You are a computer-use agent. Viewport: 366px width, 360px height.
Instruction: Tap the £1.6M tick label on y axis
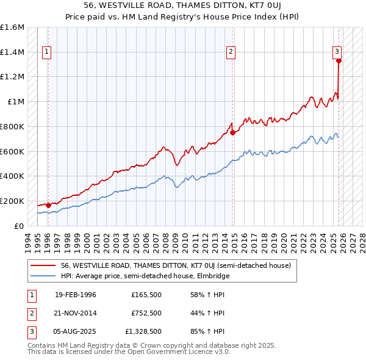pyautogui.click(x=12, y=27)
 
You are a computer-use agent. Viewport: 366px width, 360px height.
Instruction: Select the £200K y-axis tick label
pyautogui.click(x=12, y=201)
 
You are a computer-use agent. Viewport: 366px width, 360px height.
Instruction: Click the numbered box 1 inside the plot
pyautogui.click(x=46, y=52)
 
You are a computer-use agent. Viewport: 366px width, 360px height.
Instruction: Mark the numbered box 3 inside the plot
pyautogui.click(x=337, y=52)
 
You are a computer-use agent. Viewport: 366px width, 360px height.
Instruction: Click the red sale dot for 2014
pyautogui.click(x=232, y=132)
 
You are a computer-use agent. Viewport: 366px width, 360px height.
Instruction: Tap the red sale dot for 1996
pyautogui.click(x=48, y=205)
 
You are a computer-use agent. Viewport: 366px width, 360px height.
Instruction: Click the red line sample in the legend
pyautogui.click(x=43, y=265)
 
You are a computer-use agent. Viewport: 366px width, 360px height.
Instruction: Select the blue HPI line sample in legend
pyautogui.click(x=43, y=276)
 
